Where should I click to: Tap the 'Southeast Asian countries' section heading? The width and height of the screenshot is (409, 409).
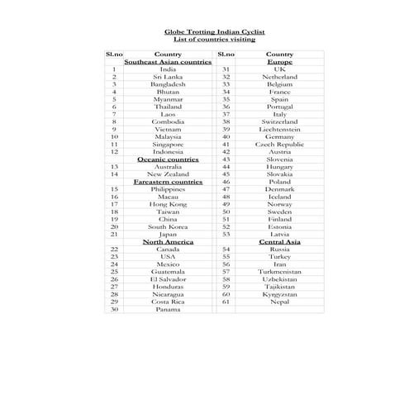(168, 62)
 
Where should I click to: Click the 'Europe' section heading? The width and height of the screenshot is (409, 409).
(279, 62)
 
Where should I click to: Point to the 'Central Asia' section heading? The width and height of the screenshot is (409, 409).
(279, 241)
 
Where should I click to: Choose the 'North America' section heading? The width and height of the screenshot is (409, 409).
(168, 241)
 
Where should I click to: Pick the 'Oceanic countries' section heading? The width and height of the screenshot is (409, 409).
(168, 159)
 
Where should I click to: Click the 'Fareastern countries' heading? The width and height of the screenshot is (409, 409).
(168, 181)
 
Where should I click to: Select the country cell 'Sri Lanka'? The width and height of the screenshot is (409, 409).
(168, 77)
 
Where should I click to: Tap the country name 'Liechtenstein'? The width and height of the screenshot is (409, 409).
(279, 129)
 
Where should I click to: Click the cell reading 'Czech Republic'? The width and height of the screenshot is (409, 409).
(279, 144)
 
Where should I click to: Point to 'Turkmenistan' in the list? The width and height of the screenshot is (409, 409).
(279, 271)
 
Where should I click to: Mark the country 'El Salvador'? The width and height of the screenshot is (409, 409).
(168, 278)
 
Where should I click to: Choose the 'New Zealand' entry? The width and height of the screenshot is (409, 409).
(168, 174)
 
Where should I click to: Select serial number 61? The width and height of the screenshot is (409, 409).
(226, 301)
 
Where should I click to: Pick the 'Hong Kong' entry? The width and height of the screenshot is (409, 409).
(168, 203)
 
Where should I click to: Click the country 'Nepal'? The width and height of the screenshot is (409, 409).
(279, 301)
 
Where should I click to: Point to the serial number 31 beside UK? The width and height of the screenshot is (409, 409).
(226, 69)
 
